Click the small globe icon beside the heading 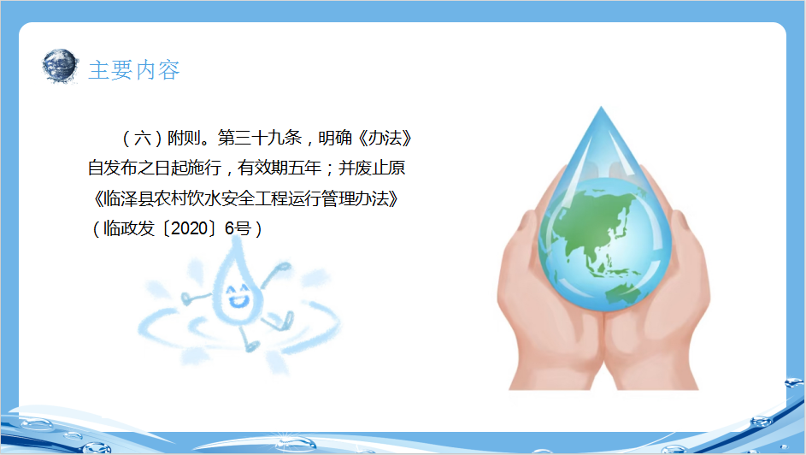click(60, 66)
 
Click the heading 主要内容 click(133, 70)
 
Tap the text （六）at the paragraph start click(143, 138)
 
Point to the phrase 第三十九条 click(260, 138)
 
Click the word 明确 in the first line click(335, 138)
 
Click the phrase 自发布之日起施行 click(154, 168)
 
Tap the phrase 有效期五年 click(279, 168)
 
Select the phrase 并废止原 click(372, 168)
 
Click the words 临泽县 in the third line click(128, 198)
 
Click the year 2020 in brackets click(189, 228)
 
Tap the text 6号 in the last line click(238, 228)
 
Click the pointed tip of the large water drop click(601, 108)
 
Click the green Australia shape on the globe click(623, 294)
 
